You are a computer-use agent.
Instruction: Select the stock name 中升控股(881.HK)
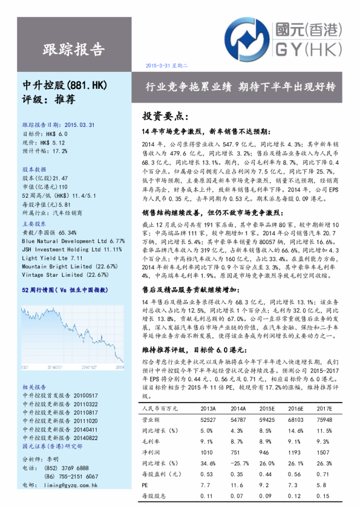64,85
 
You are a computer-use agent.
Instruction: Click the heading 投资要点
165,115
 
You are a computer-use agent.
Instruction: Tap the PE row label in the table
145,485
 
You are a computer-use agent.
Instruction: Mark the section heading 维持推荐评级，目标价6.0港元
195,350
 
